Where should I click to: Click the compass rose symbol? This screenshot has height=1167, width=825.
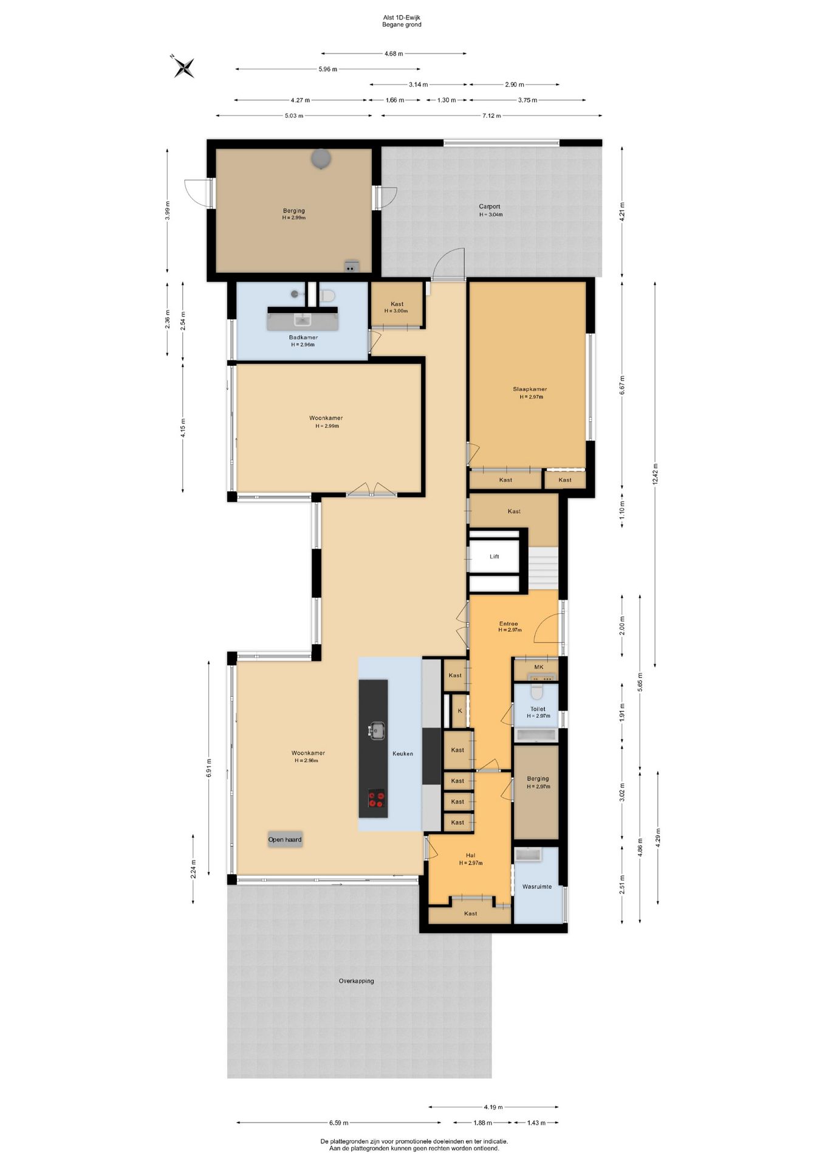tap(183, 66)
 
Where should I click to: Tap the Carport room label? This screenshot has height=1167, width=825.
tap(490, 207)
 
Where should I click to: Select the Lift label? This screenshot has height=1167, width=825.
tap(495, 556)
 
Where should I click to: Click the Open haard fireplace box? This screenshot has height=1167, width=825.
tap(285, 839)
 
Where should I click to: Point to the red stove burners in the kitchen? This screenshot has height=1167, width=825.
tap(377, 799)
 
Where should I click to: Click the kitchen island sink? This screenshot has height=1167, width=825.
tap(377, 729)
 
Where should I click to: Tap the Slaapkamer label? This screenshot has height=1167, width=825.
tap(530, 389)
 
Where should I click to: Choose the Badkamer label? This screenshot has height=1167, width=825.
tap(303, 337)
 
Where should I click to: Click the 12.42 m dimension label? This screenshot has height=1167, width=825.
tap(655, 474)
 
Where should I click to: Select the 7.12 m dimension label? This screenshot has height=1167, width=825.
tap(491, 115)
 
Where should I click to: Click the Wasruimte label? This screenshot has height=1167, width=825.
tap(537, 886)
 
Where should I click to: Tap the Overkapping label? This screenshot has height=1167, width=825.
tap(357, 980)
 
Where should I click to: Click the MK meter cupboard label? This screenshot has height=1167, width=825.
tap(539, 667)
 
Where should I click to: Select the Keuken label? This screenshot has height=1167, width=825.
tap(403, 753)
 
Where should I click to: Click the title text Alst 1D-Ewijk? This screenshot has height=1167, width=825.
tap(402, 18)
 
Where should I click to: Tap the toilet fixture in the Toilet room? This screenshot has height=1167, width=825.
tap(536, 692)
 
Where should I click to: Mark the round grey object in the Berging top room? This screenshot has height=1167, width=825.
tap(321, 159)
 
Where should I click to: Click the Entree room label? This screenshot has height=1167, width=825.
tap(509, 624)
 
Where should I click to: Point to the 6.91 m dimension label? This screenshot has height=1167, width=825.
tap(209, 768)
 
